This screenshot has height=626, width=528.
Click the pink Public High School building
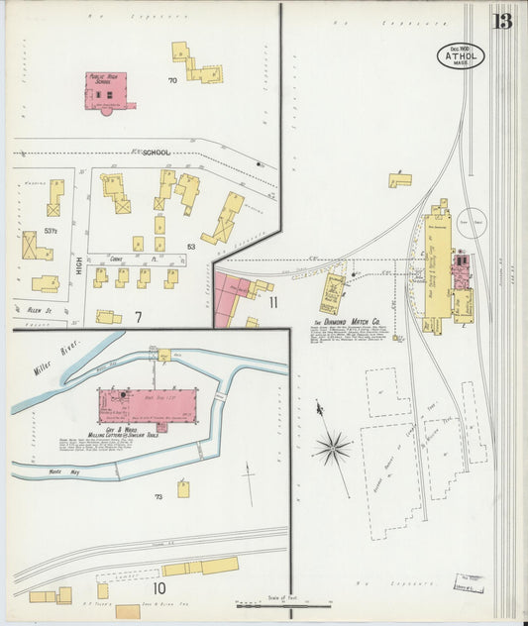109,90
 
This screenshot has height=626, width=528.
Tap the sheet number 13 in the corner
503,22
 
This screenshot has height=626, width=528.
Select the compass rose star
332,448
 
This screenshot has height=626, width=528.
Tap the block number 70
172,80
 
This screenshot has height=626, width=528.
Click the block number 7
140,316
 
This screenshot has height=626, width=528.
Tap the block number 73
158,495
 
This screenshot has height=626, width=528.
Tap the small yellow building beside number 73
183,488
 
